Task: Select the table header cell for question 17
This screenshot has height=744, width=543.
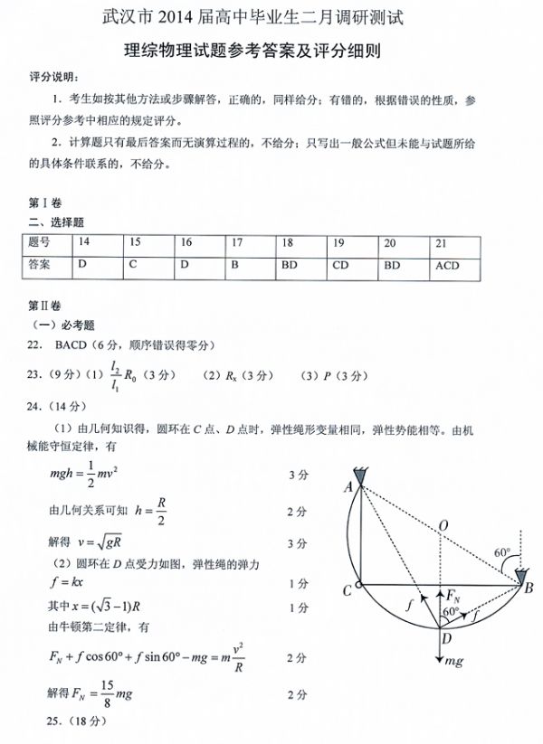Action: tap(236, 242)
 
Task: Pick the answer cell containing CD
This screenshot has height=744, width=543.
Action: tap(340, 266)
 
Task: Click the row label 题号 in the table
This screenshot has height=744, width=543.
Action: tap(40, 242)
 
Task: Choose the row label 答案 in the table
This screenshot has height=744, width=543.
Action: tap(40, 266)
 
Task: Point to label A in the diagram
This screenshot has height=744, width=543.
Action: tap(348, 486)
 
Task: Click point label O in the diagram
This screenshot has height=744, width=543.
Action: tap(443, 525)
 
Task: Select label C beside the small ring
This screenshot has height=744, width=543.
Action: tap(346, 591)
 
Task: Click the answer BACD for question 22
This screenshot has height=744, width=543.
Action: tap(71, 344)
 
